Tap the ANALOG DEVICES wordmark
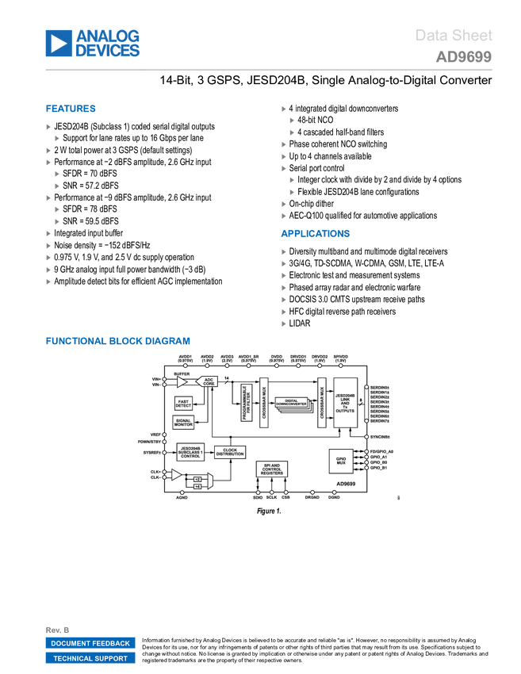[x=108, y=44]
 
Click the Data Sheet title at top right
[x=454, y=36]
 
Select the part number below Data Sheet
[x=464, y=57]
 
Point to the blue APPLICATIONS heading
[x=315, y=234]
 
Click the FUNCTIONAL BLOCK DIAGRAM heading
[x=117, y=341]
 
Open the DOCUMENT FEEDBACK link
[x=90, y=643]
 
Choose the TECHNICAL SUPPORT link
[x=90, y=658]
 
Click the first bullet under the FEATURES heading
[x=48, y=126]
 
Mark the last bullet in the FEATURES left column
[x=48, y=281]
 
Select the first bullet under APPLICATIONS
[x=284, y=251]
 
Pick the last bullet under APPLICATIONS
[x=284, y=324]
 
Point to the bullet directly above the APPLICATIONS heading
[x=284, y=216]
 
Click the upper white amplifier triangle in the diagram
[x=182, y=382]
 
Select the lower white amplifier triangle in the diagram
[x=176, y=475]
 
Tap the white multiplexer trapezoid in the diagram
[x=210, y=481]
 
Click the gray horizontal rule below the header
[x=269, y=70]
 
